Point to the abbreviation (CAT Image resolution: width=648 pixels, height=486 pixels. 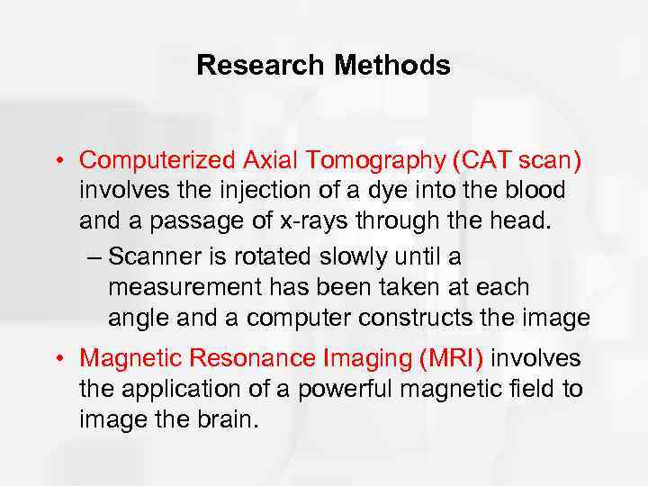pos(481,160)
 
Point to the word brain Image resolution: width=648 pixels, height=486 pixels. pos(228,418)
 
